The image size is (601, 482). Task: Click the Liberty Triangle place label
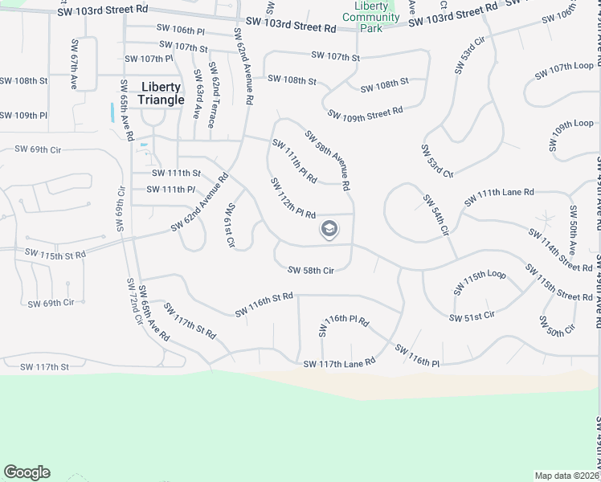tap(161, 93)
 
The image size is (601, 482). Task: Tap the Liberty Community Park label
tap(370, 17)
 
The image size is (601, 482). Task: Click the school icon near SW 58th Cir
tap(329, 231)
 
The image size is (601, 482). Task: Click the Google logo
tap(27, 472)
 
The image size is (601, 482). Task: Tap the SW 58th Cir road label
tap(310, 271)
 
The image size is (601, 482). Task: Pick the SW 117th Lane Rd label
tap(339, 364)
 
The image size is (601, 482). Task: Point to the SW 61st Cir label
tap(231, 225)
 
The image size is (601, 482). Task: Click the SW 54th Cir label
tap(434, 214)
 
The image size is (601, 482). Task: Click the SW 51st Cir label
tap(472, 317)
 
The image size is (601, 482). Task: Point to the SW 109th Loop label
tap(571, 134)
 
